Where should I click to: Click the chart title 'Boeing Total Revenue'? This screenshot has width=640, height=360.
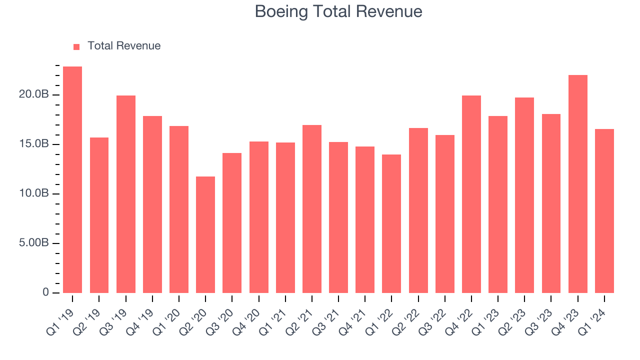click(338, 11)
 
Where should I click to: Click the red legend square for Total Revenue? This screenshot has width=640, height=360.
click(76, 46)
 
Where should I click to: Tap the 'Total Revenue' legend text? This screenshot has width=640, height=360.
click(124, 46)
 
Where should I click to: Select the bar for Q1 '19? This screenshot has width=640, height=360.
click(72, 180)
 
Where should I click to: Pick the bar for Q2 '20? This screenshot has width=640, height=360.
click(205, 235)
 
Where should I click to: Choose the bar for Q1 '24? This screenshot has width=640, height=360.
click(604, 211)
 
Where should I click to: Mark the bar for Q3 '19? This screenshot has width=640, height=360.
click(126, 194)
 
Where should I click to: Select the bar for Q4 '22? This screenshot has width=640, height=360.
click(471, 194)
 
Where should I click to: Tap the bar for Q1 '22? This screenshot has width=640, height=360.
click(391, 224)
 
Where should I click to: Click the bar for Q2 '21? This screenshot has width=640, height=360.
click(312, 209)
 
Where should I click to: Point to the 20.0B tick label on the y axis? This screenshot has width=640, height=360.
click(34, 94)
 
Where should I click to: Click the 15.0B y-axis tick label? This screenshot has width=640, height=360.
click(34, 144)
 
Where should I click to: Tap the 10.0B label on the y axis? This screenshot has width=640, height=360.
click(34, 193)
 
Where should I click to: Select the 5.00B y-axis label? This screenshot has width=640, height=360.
click(34, 243)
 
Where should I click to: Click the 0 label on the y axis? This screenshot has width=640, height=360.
click(45, 292)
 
